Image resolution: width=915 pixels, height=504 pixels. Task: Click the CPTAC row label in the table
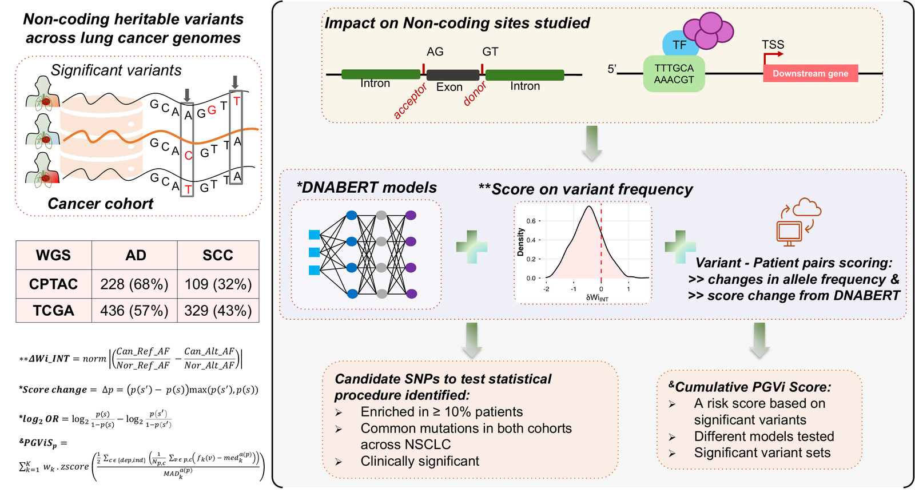(54, 284)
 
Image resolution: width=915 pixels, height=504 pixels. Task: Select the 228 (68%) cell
(134, 284)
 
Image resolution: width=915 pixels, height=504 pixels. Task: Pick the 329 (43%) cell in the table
(218, 311)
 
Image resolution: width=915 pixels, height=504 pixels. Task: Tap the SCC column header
(218, 255)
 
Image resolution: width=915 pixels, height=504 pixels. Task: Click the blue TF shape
(679, 44)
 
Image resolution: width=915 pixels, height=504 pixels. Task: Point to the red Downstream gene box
(810, 74)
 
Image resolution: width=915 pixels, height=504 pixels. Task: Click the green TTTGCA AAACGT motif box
(674, 74)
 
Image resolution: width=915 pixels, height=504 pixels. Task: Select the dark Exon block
(452, 75)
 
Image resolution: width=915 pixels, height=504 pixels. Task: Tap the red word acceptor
(410, 101)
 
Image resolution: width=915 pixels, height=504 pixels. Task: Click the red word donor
(475, 93)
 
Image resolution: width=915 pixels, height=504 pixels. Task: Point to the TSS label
(773, 45)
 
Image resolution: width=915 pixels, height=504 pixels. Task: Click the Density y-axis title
(520, 243)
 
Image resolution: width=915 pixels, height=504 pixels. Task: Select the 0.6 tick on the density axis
(531, 221)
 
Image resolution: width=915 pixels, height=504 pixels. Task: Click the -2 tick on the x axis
(547, 289)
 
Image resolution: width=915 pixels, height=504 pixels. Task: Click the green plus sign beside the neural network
(472, 247)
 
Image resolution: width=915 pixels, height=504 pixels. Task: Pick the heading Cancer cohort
(101, 204)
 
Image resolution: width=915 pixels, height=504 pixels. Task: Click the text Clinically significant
(420, 461)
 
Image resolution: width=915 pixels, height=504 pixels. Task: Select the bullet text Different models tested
(764, 436)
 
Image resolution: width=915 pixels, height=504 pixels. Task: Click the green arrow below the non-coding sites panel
(592, 144)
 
